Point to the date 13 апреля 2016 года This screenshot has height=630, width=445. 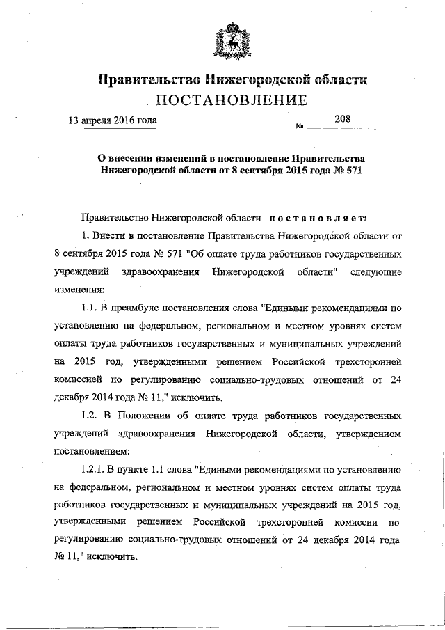pyautogui.click(x=112, y=120)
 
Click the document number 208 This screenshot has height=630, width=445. pyautogui.click(x=342, y=119)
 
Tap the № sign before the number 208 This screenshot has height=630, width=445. pyautogui.click(x=301, y=127)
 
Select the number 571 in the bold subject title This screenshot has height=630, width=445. pyautogui.click(x=354, y=169)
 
